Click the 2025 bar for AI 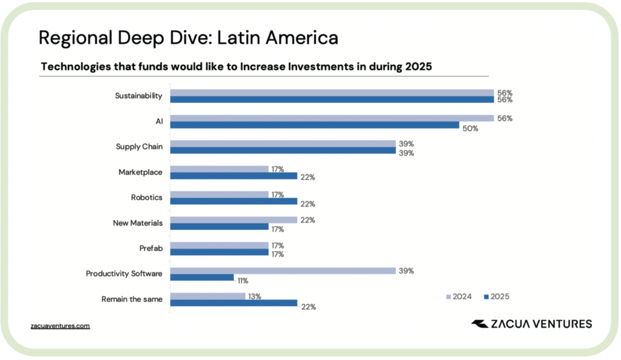click(314, 125)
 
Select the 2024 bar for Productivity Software click(283, 271)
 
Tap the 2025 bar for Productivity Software click(202, 278)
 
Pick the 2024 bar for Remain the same click(207, 296)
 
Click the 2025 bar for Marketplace click(233, 176)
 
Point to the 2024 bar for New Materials click(233, 220)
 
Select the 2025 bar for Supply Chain click(283, 150)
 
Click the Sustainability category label click(139, 96)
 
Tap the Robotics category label click(147, 197)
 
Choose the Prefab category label click(150, 248)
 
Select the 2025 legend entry click(495, 296)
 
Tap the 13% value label click(255, 296)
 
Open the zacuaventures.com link click(60, 325)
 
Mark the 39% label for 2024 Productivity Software click(406, 271)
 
